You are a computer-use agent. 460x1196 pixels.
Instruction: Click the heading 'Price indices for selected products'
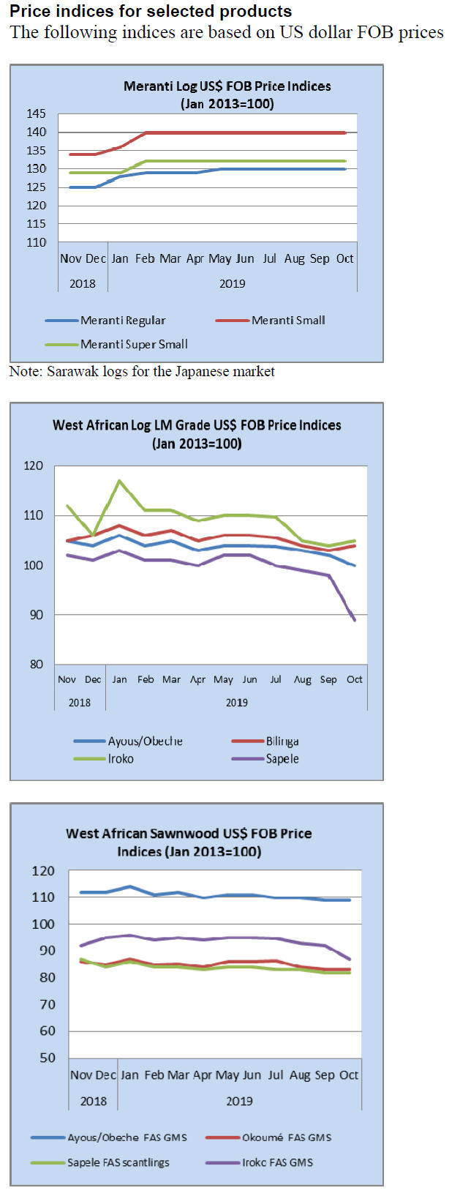151,11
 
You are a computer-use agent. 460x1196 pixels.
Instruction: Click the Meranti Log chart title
227,94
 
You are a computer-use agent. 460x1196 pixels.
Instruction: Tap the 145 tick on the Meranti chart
37,113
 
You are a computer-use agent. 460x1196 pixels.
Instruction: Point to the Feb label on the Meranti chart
145,258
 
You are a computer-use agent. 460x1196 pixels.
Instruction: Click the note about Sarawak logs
142,371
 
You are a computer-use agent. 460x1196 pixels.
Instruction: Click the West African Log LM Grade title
197,433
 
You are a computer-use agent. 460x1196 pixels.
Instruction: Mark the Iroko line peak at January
119,481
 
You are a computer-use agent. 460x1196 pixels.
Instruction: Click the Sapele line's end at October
355,620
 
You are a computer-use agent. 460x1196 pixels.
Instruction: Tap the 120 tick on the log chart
34,466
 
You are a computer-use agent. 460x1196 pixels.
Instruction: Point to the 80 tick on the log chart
37,665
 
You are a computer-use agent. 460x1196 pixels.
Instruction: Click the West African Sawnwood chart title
189,842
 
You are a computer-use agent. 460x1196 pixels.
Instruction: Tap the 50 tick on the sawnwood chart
47,1058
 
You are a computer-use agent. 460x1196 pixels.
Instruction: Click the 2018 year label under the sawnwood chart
94,1101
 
